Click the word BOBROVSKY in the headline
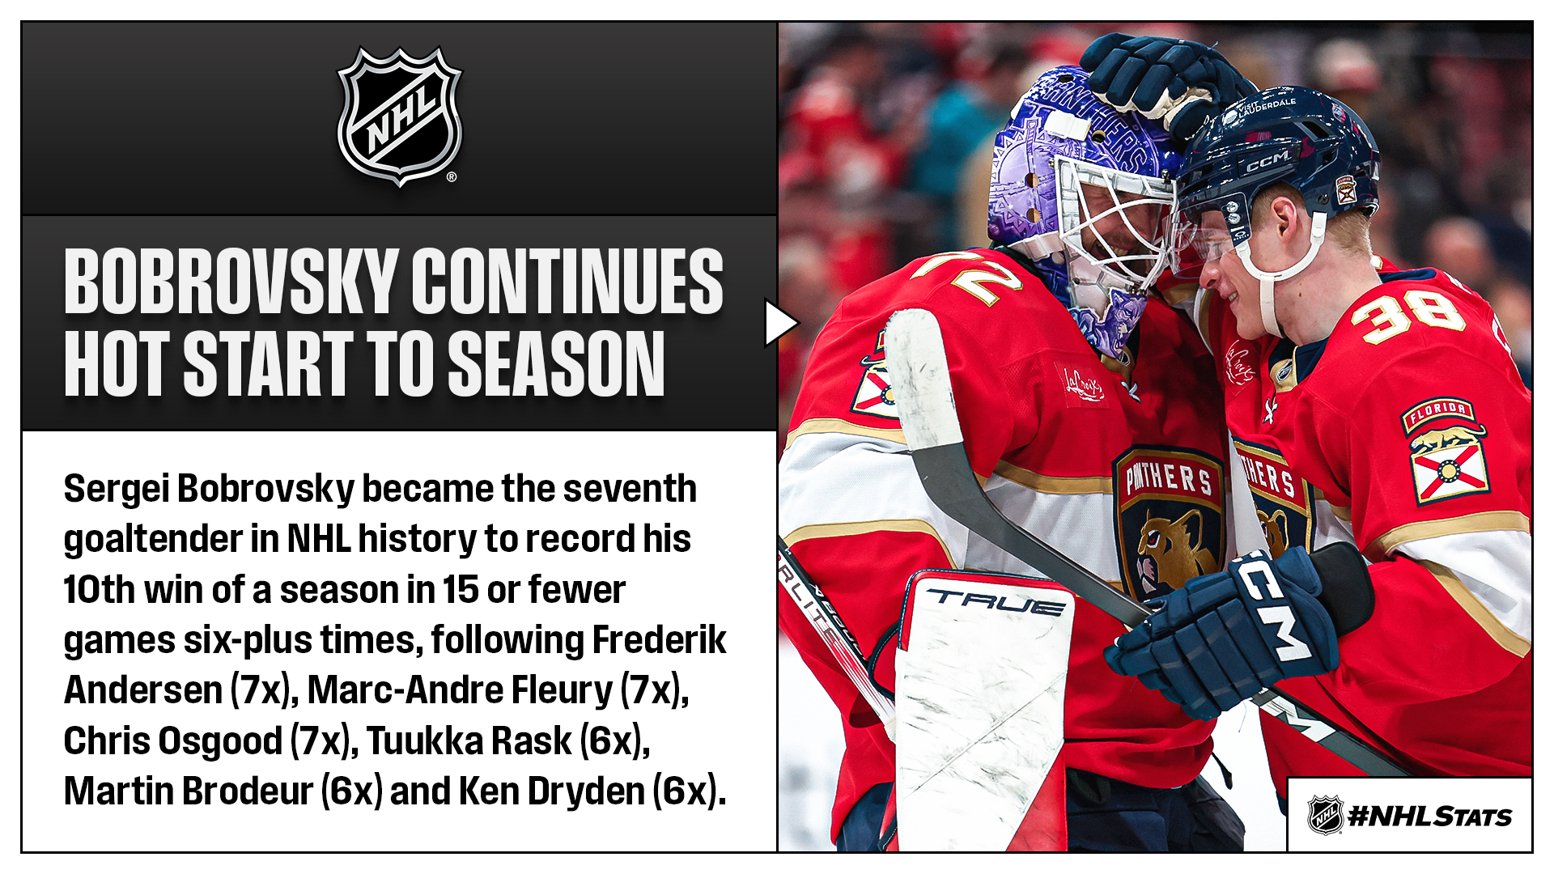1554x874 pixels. [x=231, y=281]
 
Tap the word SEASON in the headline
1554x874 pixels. [x=556, y=364]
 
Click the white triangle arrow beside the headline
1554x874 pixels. [x=780, y=324]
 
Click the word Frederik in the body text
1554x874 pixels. [x=659, y=640]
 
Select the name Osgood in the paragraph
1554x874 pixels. [x=219, y=742]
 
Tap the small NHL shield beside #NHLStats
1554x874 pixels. [x=1325, y=815]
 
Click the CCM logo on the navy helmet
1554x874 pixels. [x=1267, y=161]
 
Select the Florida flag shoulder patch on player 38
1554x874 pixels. [x=1447, y=450]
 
